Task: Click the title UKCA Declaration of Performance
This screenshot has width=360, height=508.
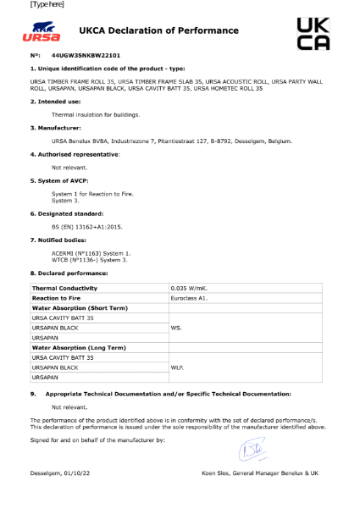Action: pyautogui.click(x=158, y=31)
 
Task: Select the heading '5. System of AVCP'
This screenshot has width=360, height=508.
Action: pyautogui.click(x=59, y=182)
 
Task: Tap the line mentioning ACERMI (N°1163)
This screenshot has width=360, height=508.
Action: pyautogui.click(x=91, y=253)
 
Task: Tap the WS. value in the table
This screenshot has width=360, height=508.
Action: pyautogui.click(x=177, y=327)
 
